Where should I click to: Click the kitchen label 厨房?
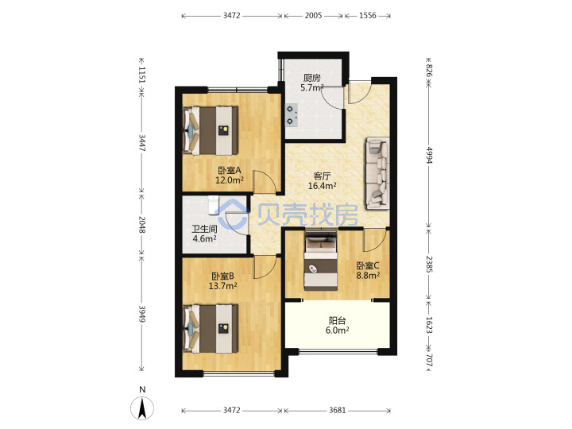tap(312, 78)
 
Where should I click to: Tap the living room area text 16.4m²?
tap(322, 186)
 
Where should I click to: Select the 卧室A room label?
tap(230, 170)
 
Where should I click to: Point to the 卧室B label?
tap(223, 276)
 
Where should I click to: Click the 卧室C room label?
tap(368, 266)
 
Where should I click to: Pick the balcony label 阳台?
tap(337, 321)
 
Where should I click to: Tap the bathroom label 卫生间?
tap(205, 229)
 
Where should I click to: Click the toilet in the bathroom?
tap(213, 205)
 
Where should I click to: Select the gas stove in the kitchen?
tap(292, 115)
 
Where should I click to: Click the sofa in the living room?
tap(377, 173)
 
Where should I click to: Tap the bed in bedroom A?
tap(211, 130)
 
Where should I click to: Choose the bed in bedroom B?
tap(211, 329)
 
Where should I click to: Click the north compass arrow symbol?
tap(142, 408)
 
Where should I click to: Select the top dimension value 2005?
tap(313, 15)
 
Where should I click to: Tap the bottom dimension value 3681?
tap(337, 410)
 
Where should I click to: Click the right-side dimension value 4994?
tap(429, 155)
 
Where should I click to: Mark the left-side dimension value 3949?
tap(142, 314)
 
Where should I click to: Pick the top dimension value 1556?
tap(367, 15)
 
